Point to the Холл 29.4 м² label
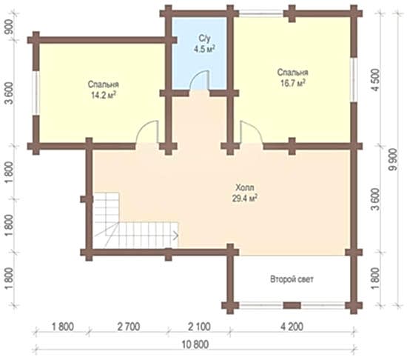point(245,193)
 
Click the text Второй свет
point(292,279)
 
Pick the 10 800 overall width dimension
point(195,344)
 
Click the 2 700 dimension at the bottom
point(129,326)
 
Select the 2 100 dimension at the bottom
point(199,326)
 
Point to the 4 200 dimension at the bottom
point(292,326)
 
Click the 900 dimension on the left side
point(10,27)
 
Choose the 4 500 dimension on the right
point(376,80)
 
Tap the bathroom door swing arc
point(199,79)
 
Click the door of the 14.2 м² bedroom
point(147,132)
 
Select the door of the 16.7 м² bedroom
point(252,132)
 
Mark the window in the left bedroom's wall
point(36,93)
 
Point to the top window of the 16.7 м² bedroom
point(261,13)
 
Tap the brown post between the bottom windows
point(292,305)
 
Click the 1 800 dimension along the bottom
point(63,326)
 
